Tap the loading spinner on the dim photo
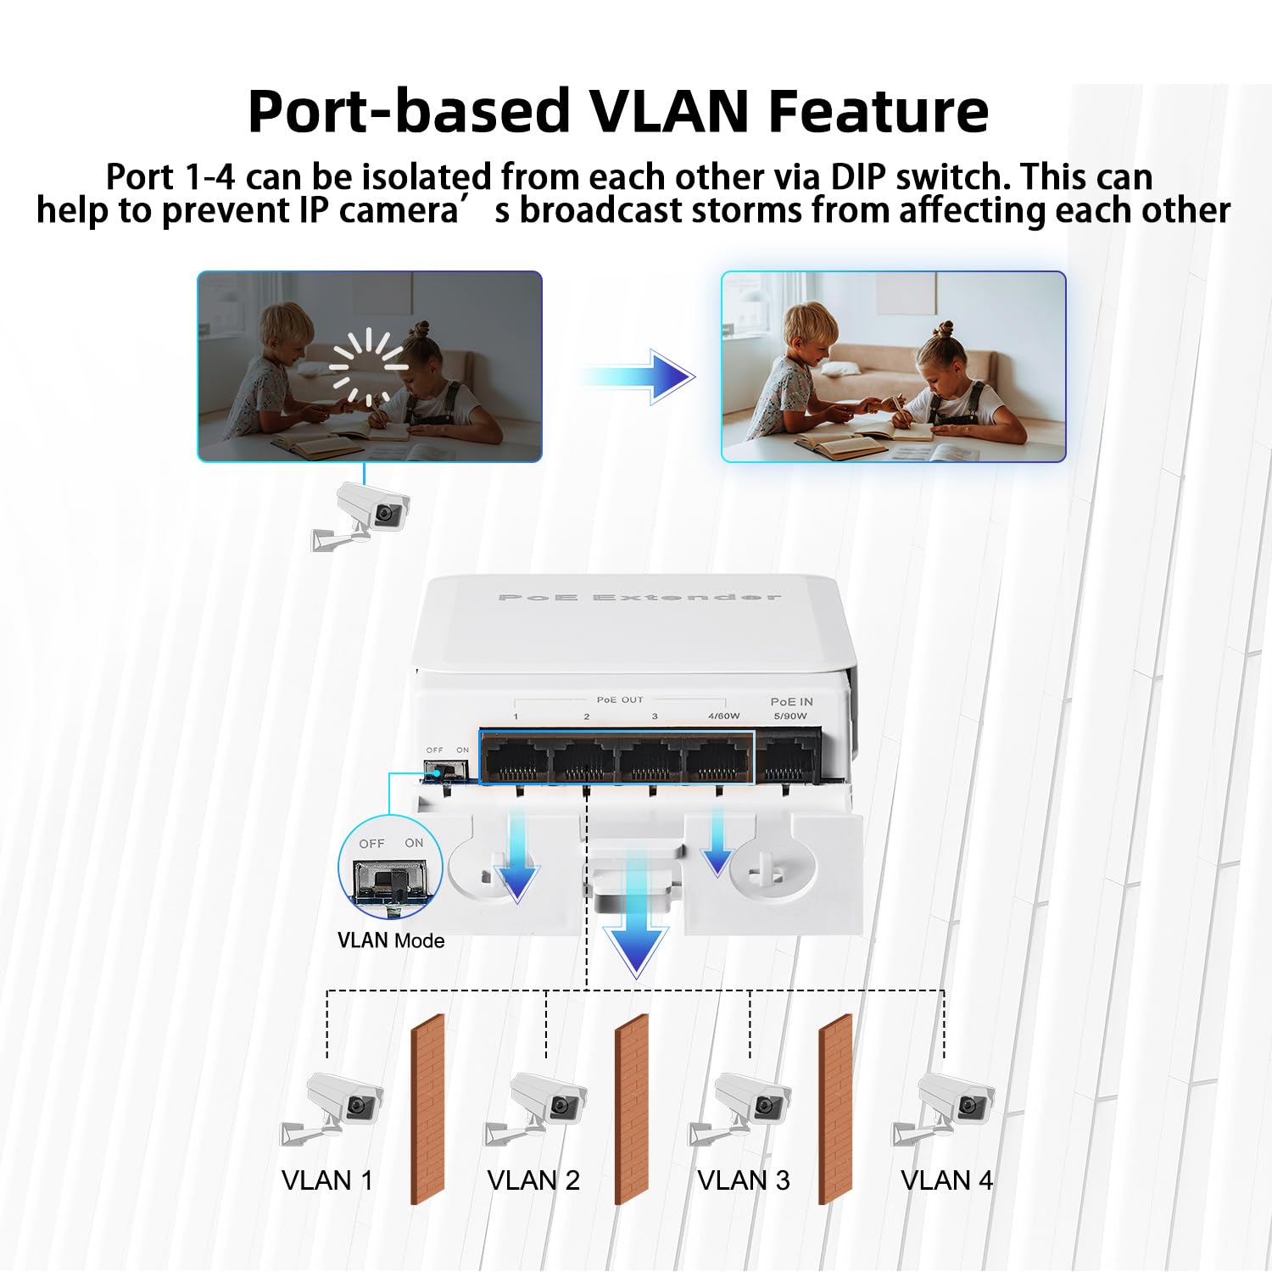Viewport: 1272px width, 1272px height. [369, 366]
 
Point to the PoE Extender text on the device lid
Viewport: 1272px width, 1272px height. [639, 598]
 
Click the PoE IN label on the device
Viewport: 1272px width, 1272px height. [791, 701]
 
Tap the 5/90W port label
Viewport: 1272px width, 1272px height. [790, 717]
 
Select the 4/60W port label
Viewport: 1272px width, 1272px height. [723, 717]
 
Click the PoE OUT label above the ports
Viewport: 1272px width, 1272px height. [620, 700]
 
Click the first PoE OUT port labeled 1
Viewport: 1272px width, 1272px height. [515, 757]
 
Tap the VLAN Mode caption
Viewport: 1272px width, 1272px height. [391, 940]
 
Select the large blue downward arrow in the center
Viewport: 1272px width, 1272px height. [636, 933]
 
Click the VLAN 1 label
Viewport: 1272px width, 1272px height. [327, 1180]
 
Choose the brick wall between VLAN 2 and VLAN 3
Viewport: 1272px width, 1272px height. [631, 1108]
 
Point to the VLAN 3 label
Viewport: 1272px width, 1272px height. [743, 1180]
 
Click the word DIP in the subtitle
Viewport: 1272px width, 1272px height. [858, 177]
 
